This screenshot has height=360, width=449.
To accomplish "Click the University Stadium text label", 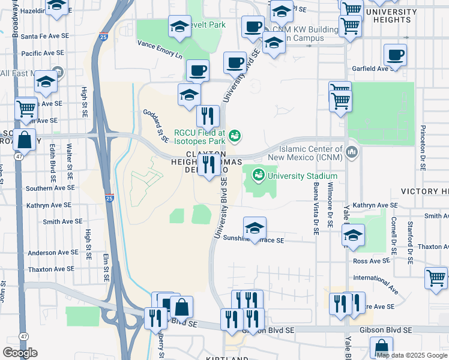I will [303, 176].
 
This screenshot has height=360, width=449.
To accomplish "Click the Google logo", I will [20, 352].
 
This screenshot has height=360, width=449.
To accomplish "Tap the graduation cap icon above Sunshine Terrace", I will [255, 229].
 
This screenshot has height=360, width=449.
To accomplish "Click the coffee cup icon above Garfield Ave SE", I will [396, 56].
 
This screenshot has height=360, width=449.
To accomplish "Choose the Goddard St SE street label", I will [155, 125].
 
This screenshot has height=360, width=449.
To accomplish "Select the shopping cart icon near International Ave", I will [436, 278].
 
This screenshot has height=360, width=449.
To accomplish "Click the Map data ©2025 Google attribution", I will [412, 355].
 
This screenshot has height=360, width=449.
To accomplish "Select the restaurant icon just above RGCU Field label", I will [208, 116].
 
